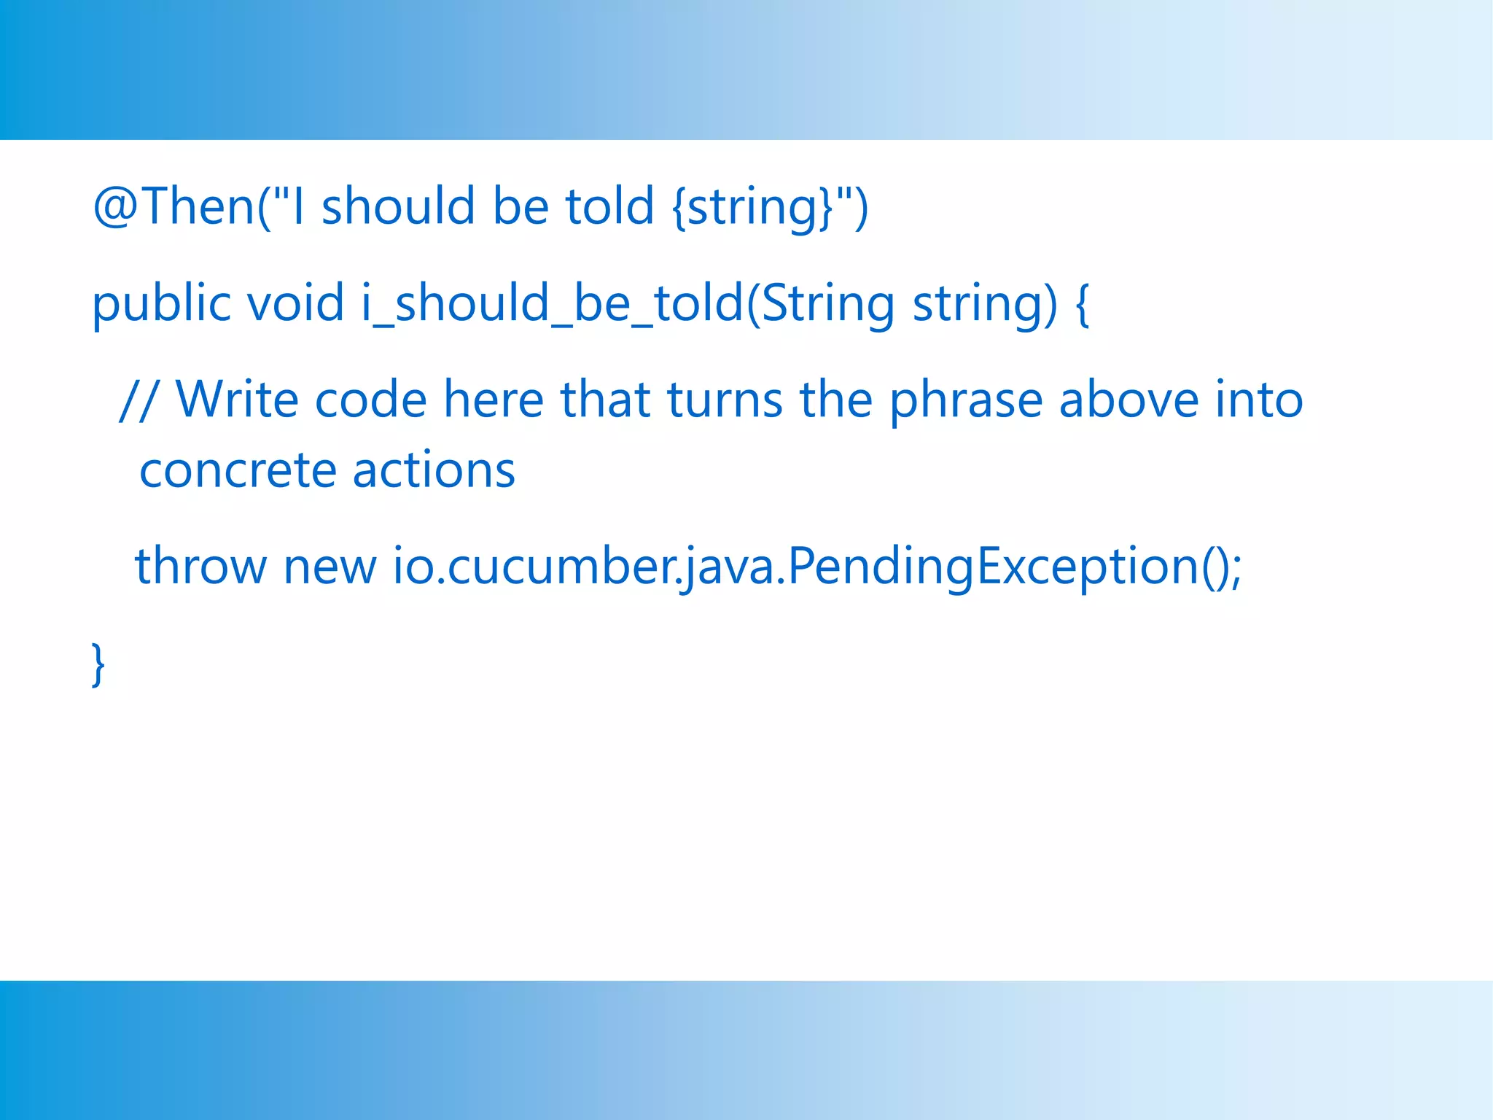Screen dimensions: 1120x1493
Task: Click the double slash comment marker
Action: (x=137, y=400)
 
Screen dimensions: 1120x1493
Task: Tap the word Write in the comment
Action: (x=238, y=400)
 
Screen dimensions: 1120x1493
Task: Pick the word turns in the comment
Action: (x=725, y=400)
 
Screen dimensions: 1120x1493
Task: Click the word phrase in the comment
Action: (x=967, y=400)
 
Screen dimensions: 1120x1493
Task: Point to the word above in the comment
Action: (x=1128, y=400)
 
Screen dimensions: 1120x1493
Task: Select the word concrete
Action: (x=238, y=470)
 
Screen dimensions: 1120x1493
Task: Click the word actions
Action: (x=434, y=470)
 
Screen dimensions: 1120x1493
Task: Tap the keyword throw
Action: (x=201, y=566)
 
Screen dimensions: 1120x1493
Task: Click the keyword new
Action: (x=330, y=566)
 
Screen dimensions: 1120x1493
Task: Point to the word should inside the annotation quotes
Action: (x=398, y=206)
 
